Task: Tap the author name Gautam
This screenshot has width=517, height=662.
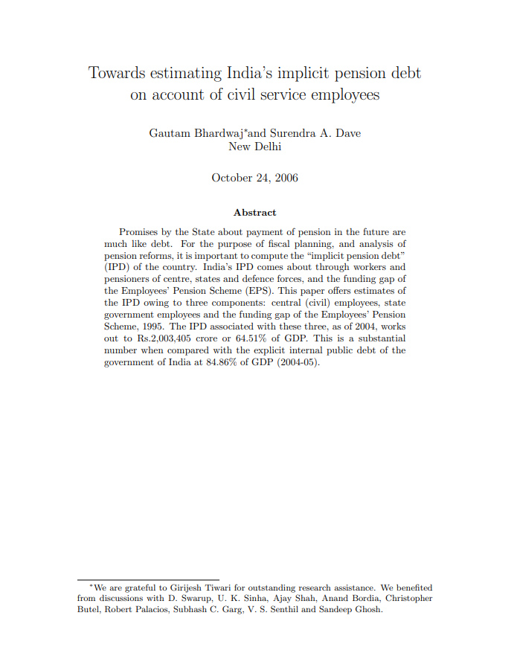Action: click(x=170, y=133)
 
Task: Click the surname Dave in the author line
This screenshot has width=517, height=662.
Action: click(x=348, y=133)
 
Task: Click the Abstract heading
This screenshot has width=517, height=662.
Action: click(x=254, y=213)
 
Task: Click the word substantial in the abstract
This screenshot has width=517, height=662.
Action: click(x=374, y=338)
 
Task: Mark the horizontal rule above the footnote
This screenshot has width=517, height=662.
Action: click(x=148, y=579)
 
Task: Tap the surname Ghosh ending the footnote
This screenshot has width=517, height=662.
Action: click(x=367, y=609)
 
